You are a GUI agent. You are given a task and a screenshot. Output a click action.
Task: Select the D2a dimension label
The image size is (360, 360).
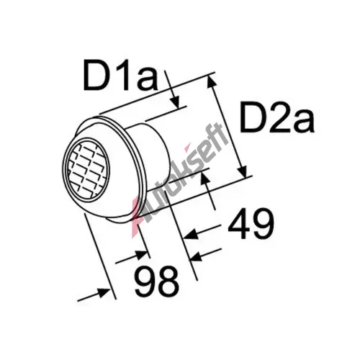pos(277,117)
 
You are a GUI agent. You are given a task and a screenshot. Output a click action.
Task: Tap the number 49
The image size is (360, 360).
pos(251,224)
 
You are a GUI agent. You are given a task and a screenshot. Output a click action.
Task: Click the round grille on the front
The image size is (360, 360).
pos(86,170)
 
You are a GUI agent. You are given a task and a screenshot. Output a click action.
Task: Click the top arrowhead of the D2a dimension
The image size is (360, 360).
pos(212,81)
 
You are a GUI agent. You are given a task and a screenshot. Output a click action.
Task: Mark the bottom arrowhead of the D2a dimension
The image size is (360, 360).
pos(242,171)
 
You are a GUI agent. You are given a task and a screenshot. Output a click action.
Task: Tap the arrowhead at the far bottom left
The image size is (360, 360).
pos(103,292)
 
